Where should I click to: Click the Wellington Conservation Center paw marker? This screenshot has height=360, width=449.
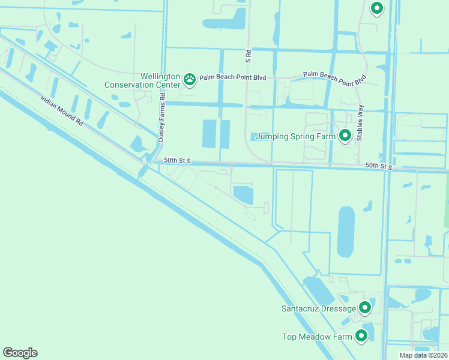pos(190,79)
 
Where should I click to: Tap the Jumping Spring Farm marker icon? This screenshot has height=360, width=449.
pos(345,136)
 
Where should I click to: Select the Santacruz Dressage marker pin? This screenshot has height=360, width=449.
pos(364,308)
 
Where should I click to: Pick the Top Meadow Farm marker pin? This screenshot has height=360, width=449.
pos(361,336)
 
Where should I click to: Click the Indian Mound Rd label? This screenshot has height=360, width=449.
pos(62,110)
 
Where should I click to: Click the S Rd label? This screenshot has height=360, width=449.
pos(247,56)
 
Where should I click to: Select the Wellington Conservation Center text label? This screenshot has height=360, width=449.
pos(143,80)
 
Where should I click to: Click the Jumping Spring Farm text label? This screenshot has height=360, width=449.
pos(295,136)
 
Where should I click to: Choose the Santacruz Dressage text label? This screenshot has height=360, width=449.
pos(319,308)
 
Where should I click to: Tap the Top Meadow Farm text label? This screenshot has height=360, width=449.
pos(317,337)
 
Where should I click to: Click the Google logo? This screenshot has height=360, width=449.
pos(20,353)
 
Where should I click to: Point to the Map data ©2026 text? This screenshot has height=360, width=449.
pos(423,355)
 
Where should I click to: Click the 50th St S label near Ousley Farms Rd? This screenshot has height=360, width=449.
pos(177,161)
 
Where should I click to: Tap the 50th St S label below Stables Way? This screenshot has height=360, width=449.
pos(378,166)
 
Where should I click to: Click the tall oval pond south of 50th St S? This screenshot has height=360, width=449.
pos(346,231)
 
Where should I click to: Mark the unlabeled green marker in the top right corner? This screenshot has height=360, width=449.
pos(377,8)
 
